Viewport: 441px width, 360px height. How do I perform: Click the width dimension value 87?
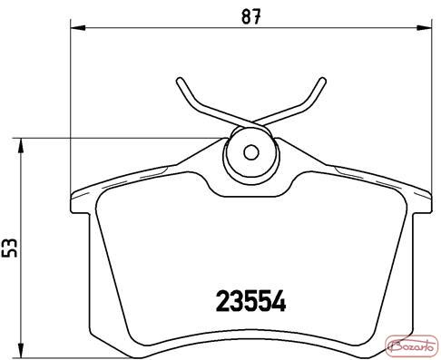251,16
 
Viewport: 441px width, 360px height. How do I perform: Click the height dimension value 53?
9,248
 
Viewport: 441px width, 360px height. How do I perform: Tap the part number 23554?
250,301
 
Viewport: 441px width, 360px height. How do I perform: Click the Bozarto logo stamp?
412,346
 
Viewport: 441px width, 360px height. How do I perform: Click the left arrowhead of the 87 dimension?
78,28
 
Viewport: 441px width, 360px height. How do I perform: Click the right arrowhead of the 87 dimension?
425,28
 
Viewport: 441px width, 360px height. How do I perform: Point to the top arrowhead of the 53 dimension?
21,146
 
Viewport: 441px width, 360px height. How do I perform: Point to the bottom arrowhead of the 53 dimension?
21,350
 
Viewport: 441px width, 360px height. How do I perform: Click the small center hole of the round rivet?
251,152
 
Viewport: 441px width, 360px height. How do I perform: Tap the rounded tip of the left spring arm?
180,81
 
